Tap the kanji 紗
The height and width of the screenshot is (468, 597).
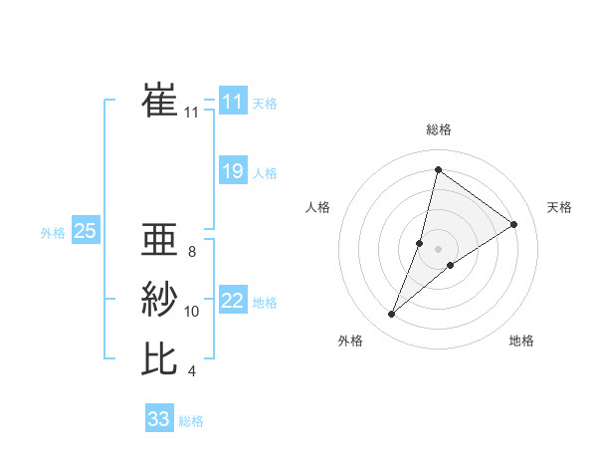pyautogui.click(x=160, y=299)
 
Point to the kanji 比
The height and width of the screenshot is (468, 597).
pyautogui.click(x=160, y=358)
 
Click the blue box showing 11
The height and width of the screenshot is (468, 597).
pyautogui.click(x=233, y=102)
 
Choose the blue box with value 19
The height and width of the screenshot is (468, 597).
pyautogui.click(x=233, y=171)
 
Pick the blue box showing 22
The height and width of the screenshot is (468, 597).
pyautogui.click(x=233, y=301)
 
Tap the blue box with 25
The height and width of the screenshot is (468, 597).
pyautogui.click(x=85, y=232)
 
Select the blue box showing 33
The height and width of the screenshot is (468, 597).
pyautogui.click(x=158, y=419)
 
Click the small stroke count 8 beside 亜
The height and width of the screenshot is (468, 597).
pyautogui.click(x=191, y=252)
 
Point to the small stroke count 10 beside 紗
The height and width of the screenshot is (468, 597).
pyautogui.click(x=192, y=312)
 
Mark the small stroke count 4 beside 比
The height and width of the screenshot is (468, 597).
pyautogui.click(x=191, y=371)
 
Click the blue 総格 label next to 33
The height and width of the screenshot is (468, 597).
pyautogui.click(x=191, y=421)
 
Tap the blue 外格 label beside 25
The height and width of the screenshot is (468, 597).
pyautogui.click(x=53, y=233)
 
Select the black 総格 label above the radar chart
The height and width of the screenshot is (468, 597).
pyautogui.click(x=439, y=129)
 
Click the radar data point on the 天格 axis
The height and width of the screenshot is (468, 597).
pyautogui.click(x=514, y=224)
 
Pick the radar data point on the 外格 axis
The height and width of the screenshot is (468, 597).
pyautogui.click(x=392, y=315)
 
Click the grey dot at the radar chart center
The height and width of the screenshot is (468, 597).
pyautogui.click(x=438, y=249)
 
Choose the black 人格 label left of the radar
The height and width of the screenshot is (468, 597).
pyautogui.click(x=317, y=207)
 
